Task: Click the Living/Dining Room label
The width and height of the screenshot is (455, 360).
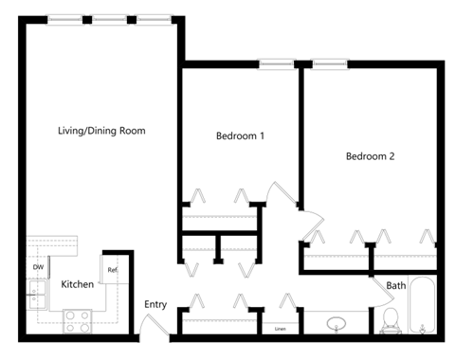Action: click(101, 130)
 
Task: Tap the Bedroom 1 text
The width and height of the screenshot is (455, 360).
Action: click(240, 136)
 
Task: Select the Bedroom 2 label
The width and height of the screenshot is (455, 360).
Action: click(370, 156)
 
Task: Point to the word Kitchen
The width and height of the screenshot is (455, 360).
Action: click(77, 284)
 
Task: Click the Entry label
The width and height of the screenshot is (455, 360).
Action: click(155, 305)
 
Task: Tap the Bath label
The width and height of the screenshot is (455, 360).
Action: click(395, 285)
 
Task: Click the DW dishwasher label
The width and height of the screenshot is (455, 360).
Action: click(38, 268)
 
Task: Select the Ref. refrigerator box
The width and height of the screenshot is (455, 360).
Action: click(112, 271)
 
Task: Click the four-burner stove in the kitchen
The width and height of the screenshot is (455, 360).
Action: click(77, 321)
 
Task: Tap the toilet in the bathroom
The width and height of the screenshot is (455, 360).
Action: click(389, 322)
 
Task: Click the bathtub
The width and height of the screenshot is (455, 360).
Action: click(424, 307)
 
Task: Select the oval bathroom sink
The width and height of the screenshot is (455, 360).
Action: click(336, 324)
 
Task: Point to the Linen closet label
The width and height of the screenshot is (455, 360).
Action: click(280, 329)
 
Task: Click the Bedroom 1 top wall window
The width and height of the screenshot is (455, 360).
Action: click(277, 64)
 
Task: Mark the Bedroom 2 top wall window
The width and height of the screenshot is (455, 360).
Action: click(331, 64)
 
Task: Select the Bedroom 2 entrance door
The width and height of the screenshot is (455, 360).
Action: click(309, 224)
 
